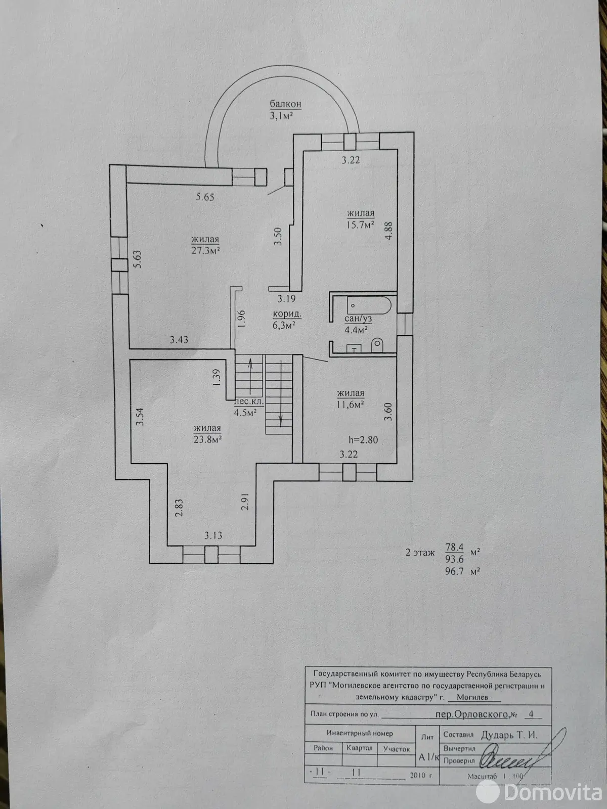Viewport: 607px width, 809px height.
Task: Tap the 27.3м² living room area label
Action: click(205, 245)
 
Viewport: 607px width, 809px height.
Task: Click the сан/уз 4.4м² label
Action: click(358, 324)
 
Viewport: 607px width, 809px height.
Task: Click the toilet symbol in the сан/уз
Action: click(377, 346)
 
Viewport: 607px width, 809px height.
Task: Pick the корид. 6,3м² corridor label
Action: click(287, 320)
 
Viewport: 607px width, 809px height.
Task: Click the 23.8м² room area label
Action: click(207, 434)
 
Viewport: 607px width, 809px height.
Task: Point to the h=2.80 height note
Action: click(363, 439)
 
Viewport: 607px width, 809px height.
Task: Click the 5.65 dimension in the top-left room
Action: click(205, 197)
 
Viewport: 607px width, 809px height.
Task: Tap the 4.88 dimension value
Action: click(388, 232)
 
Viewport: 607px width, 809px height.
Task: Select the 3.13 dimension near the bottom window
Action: click(213, 535)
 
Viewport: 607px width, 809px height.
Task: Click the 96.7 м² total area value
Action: click(454, 571)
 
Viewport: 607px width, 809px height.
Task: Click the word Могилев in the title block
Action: click(472, 697)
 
